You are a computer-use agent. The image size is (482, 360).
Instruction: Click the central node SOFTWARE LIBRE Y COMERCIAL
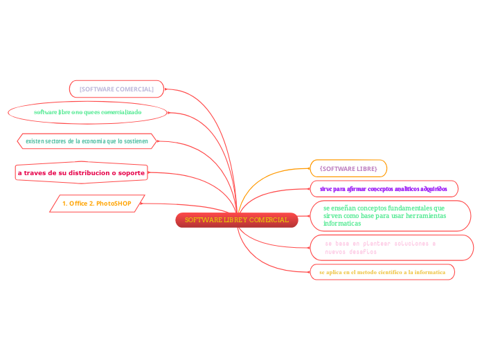point(237,220)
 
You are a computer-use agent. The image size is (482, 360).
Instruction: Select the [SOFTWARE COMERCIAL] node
point(116,89)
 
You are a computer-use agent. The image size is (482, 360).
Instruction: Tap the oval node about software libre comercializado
point(87,111)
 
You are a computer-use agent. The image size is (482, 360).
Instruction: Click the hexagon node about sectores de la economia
point(87,141)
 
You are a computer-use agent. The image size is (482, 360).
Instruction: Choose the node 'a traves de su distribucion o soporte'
point(81,172)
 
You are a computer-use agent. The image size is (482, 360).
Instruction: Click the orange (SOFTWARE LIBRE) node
point(348,168)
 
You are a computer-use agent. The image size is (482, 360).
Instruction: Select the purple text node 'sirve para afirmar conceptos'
point(383,188)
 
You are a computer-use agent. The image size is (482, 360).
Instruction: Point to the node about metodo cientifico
point(382,272)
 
